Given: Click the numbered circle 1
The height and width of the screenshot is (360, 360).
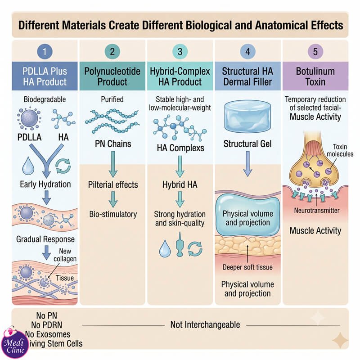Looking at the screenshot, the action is [45, 51].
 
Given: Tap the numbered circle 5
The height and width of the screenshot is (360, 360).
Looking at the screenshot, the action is [315, 51].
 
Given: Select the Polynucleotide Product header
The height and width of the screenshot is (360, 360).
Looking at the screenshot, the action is [112, 76].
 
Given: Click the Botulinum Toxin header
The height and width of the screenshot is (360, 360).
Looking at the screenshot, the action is [315, 76].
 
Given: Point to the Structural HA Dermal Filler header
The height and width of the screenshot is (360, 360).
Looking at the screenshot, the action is [247, 76].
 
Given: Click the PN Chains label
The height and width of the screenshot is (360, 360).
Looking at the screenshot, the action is [113, 144].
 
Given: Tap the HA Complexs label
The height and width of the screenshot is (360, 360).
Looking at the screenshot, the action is [180, 148].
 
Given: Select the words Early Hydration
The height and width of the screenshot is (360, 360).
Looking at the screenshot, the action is [45, 184].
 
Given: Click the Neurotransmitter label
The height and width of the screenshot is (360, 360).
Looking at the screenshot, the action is [317, 210].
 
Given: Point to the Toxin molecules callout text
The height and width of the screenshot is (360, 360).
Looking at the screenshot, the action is [340, 150].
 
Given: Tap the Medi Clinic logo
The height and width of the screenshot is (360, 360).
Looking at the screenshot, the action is [15, 344].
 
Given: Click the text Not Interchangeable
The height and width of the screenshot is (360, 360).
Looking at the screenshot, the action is [205, 325].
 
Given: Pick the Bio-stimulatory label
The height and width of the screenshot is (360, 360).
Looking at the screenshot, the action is [113, 214].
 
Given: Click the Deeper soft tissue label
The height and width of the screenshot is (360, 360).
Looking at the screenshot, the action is [247, 267].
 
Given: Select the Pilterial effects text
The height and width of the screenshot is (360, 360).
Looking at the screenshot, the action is [113, 184].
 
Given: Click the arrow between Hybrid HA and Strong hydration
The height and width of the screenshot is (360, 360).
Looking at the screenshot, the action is [180, 199].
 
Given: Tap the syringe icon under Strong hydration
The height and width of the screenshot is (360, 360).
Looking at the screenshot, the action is [180, 244].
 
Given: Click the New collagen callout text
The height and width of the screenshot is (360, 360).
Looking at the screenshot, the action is [65, 255].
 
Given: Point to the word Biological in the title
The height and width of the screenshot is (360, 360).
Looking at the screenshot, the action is [208, 25].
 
